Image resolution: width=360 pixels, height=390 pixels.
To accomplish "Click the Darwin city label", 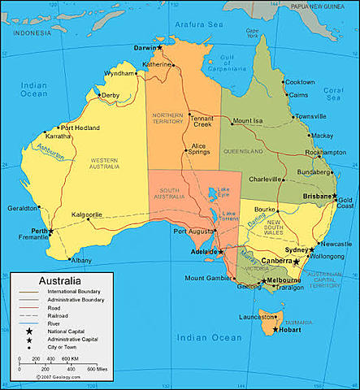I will [145, 48].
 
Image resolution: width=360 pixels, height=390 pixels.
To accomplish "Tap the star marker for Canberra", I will [297, 262].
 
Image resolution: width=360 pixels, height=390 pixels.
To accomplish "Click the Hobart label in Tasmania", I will [293, 330].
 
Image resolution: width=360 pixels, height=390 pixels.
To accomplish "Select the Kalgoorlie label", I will [87, 215].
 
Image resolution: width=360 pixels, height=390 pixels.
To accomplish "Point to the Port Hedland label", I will [80, 128].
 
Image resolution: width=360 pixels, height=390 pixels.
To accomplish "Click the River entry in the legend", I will [59, 322].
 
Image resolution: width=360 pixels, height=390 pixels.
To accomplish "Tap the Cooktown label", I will [299, 82].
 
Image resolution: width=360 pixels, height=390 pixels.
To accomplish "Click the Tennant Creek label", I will [202, 119].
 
